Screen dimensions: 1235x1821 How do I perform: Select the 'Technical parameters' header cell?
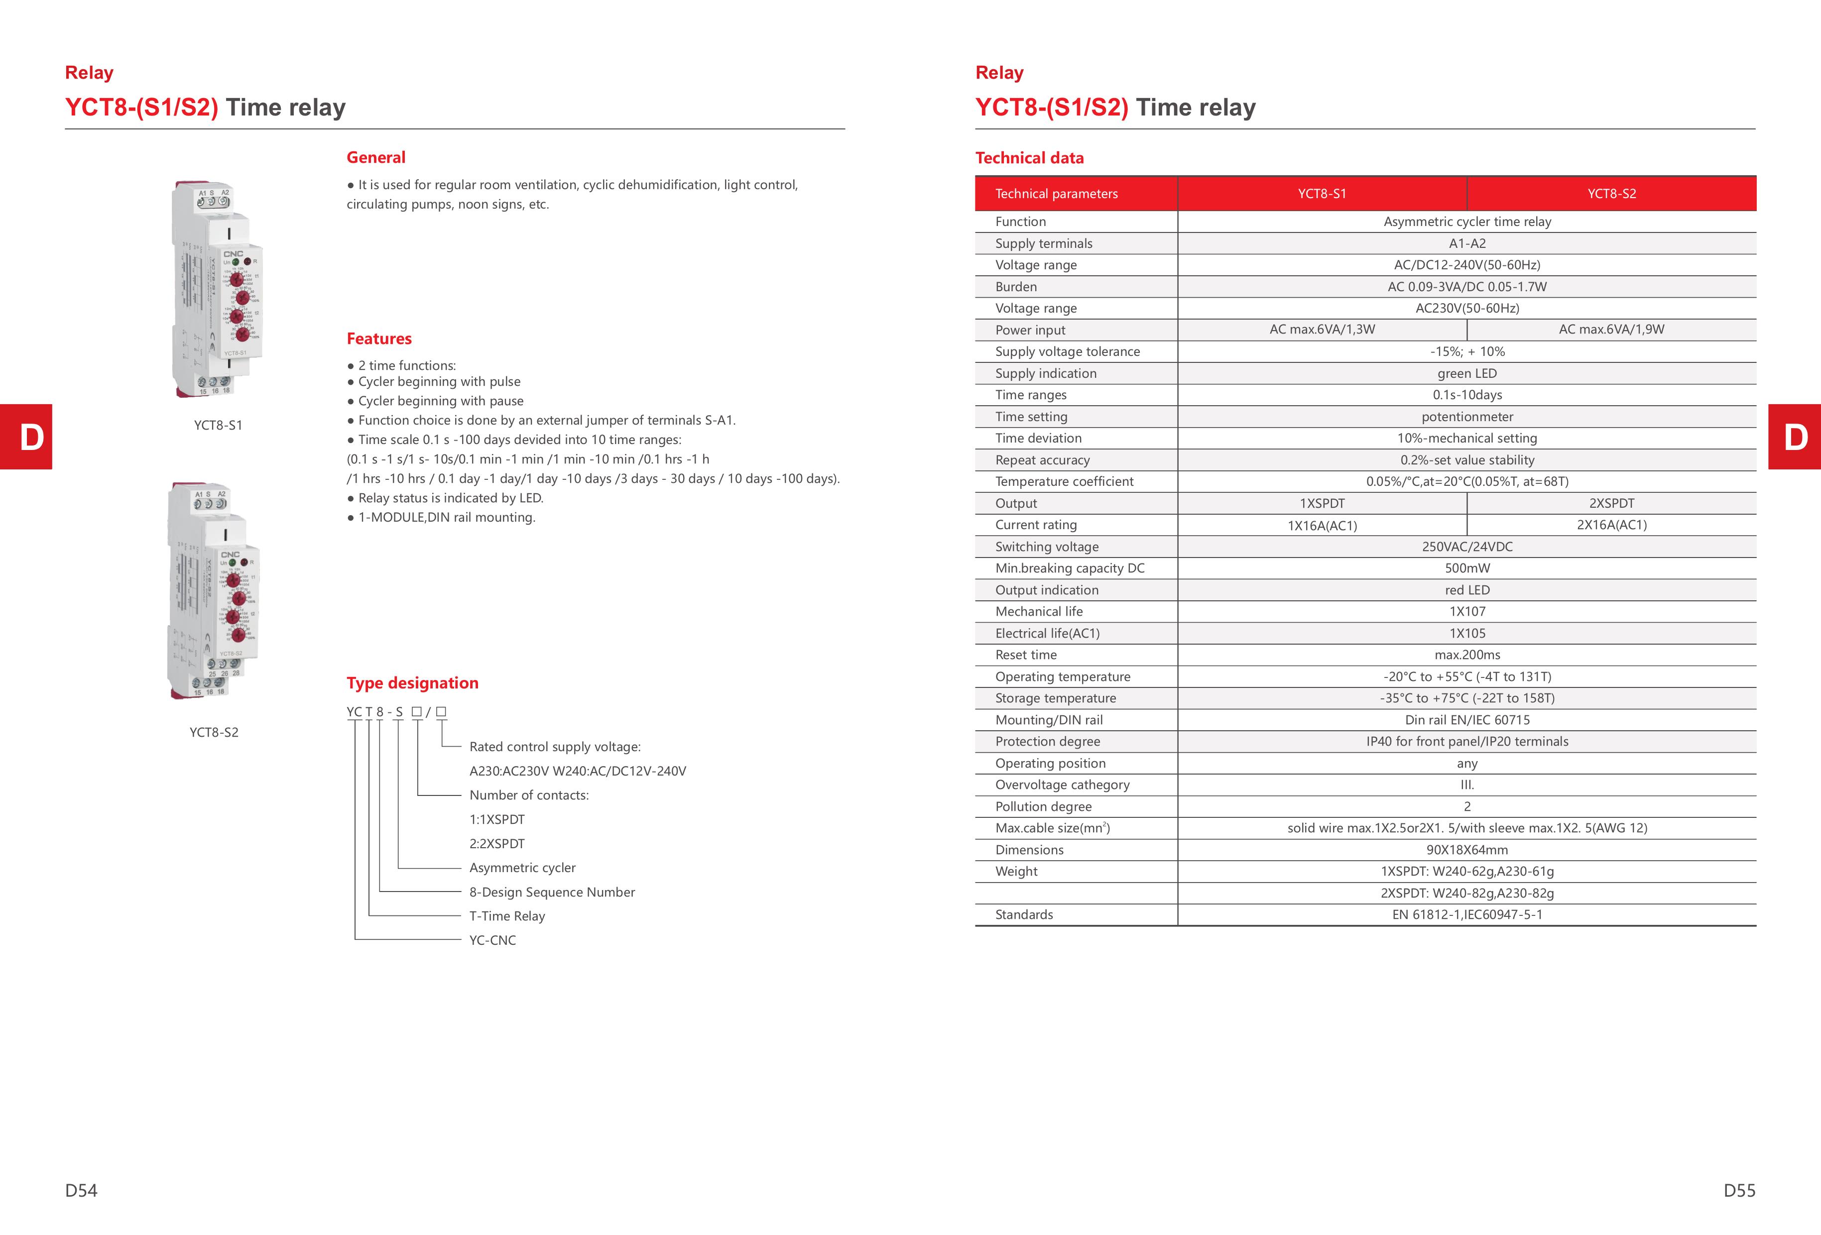click(1056, 194)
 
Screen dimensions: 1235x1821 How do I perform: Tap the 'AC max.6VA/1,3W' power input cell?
click(1322, 330)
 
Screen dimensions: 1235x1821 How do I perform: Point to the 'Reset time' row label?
click(1026, 655)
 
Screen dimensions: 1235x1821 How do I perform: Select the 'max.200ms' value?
click(1467, 655)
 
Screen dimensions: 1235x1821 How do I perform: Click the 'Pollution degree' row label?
click(1043, 806)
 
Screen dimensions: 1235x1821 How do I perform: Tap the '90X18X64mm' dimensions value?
click(1467, 850)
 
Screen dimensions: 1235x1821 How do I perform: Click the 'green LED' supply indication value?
click(1467, 373)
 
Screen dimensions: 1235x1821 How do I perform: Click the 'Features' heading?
click(379, 338)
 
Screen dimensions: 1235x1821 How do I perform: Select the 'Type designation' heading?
click(412, 683)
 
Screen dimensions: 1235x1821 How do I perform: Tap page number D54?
click(82, 1190)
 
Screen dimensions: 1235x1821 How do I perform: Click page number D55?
click(1739, 1190)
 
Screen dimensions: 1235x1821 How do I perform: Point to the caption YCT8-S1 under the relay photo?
click(218, 425)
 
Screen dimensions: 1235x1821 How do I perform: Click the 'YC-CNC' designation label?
click(492, 940)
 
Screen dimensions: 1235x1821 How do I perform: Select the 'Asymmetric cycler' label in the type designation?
click(522, 868)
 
